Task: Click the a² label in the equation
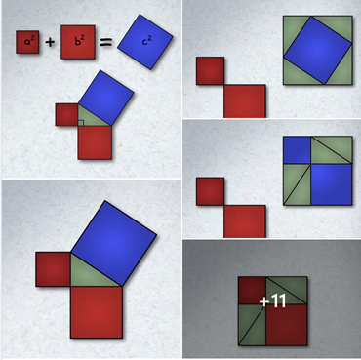click(x=27, y=42)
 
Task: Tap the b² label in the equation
click(x=78, y=42)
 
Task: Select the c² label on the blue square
click(x=147, y=41)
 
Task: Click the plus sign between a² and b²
click(x=50, y=42)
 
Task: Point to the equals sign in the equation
click(x=105, y=42)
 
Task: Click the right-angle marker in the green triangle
click(x=81, y=123)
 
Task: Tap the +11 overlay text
click(x=272, y=301)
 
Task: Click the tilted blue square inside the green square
click(x=318, y=50)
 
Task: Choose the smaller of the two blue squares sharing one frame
click(x=297, y=150)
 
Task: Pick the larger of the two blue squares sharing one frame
click(x=332, y=184)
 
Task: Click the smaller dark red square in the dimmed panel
click(x=252, y=291)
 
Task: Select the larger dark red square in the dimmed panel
click(x=287, y=325)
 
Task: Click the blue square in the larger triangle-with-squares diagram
click(x=113, y=243)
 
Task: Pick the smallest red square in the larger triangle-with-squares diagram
click(x=53, y=269)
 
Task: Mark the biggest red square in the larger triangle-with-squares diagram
click(x=97, y=312)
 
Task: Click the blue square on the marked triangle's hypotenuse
click(x=105, y=98)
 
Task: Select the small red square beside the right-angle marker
click(x=66, y=115)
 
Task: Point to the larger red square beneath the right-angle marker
click(x=95, y=142)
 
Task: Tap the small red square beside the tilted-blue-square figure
click(x=210, y=71)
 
